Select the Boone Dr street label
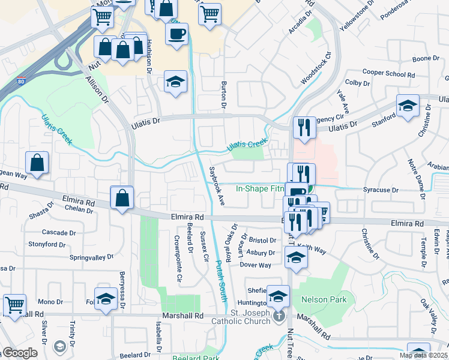(x=426, y=59)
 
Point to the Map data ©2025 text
(x=423, y=355)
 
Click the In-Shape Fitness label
(x=260, y=188)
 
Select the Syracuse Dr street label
(x=381, y=190)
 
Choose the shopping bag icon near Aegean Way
(x=37, y=163)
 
